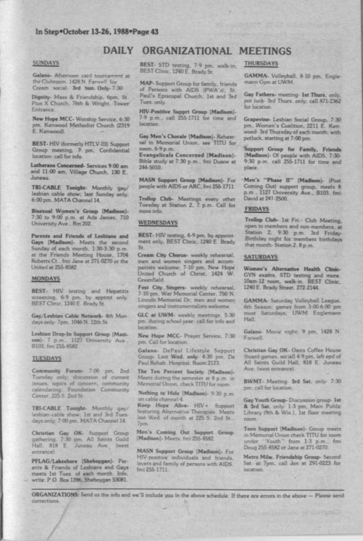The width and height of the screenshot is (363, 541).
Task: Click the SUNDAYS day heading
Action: (46, 63)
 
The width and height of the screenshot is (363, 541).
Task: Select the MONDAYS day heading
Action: (45, 279)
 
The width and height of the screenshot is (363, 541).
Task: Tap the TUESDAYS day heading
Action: (46, 358)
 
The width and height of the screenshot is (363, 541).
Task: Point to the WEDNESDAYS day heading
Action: (158, 223)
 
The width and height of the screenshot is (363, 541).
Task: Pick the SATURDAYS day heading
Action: (261, 257)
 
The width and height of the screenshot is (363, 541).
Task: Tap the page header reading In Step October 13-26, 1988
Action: (97, 32)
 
